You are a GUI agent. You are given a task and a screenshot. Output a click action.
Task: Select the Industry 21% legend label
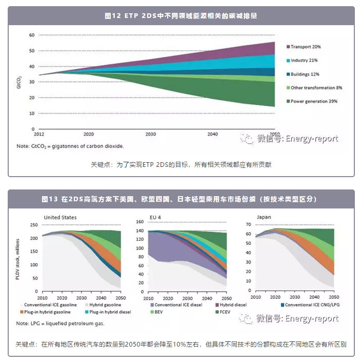coord(304,61)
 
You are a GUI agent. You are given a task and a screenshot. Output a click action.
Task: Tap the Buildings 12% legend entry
coord(305,74)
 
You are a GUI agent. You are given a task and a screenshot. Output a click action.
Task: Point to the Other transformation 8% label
coord(316,88)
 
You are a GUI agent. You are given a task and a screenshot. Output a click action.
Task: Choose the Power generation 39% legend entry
coord(314,102)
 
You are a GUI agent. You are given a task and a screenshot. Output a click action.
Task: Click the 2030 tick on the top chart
coord(150,134)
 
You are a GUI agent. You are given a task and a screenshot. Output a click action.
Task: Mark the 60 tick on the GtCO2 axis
coord(31,35)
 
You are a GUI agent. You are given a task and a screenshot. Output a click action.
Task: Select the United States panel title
coord(60,217)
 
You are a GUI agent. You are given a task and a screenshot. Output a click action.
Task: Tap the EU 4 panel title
coord(155,217)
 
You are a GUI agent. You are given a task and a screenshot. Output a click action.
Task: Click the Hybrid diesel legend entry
coord(231,304)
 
